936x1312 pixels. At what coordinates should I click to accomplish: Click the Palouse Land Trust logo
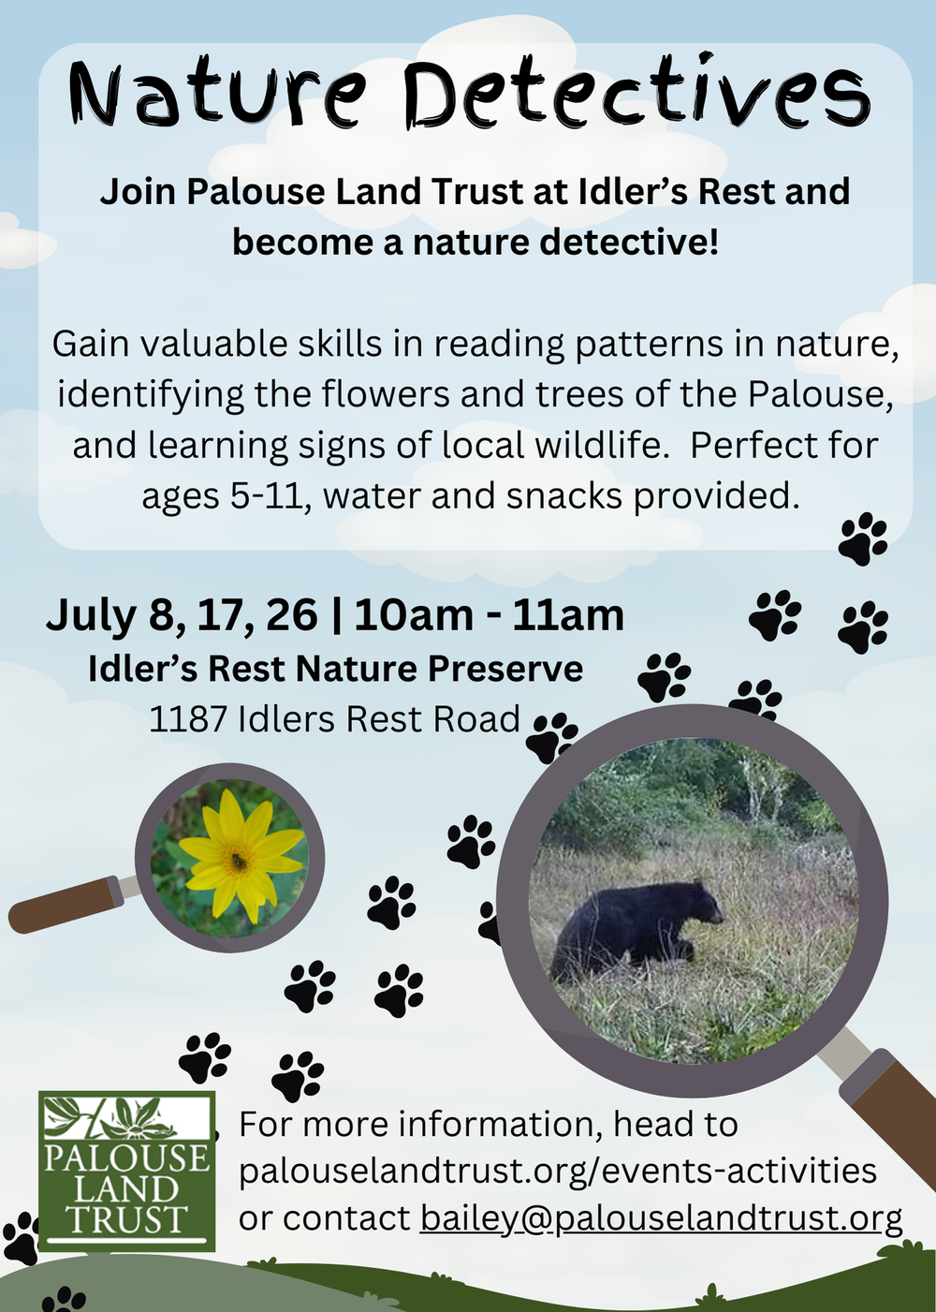pyautogui.click(x=126, y=1171)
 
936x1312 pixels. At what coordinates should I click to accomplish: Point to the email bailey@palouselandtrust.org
pyautogui.click(x=661, y=1217)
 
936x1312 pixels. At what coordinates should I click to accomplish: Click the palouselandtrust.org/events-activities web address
pyautogui.click(x=558, y=1171)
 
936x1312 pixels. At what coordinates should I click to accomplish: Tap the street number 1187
pyautogui.click(x=188, y=719)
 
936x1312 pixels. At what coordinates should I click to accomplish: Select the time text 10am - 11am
pyautogui.click(x=489, y=615)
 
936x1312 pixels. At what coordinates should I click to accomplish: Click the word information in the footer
pyautogui.click(x=502, y=1124)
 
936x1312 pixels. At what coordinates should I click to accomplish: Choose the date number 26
pyautogui.click(x=292, y=615)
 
